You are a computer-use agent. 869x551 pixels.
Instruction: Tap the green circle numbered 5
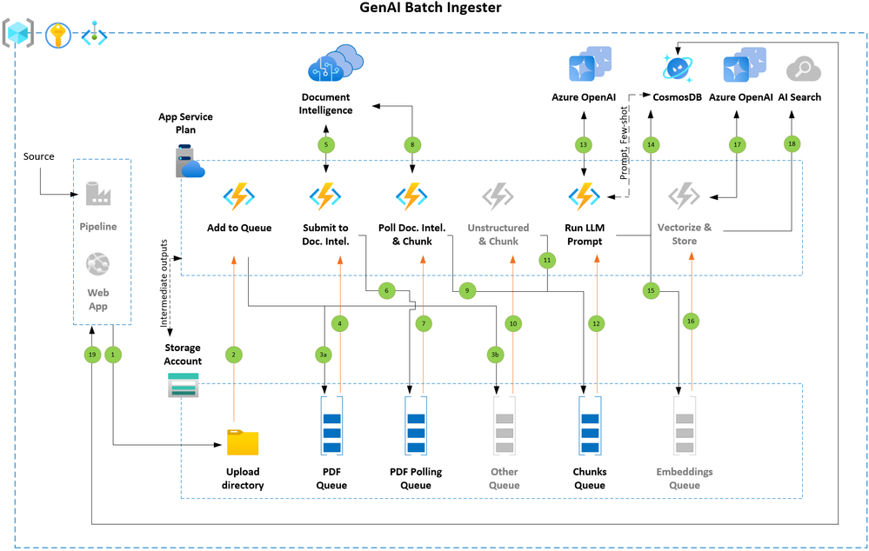326,143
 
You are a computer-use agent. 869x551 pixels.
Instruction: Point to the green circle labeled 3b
495,354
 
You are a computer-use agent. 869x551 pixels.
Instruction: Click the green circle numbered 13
583,143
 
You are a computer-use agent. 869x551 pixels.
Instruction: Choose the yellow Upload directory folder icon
243,441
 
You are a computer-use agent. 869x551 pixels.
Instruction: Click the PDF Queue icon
332,425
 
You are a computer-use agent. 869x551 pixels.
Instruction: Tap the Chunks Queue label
590,478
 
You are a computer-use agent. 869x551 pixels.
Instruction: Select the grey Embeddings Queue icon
685,425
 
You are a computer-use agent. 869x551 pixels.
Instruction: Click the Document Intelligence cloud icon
335,64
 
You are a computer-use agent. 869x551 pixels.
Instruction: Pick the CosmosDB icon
676,66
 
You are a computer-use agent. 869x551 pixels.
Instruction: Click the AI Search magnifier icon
799,69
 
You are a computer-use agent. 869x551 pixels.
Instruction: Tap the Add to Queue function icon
238,196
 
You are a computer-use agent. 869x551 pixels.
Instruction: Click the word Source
38,156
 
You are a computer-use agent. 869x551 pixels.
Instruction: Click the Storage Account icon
184,385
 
